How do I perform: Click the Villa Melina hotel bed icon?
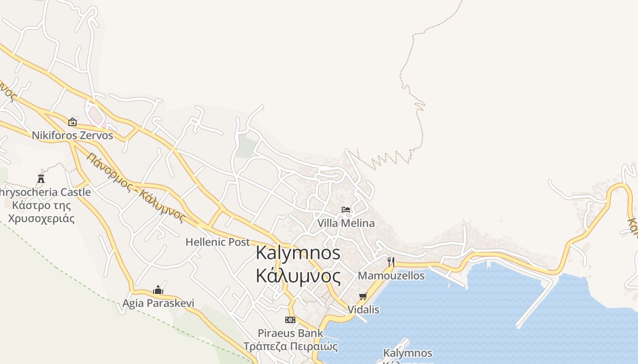coord(346,210)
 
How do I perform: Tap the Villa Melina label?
coord(346,223)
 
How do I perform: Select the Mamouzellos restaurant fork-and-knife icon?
coord(391,262)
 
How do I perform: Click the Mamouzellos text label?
coord(391,276)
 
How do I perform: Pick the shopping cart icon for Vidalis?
coord(363,297)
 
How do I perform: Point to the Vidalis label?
coord(363,310)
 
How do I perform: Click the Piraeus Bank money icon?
coord(290,320)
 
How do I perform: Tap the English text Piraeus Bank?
coord(290,333)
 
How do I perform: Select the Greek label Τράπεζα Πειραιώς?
coord(290,346)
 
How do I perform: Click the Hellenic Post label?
coord(218,242)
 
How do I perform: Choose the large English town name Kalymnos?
coord(298,253)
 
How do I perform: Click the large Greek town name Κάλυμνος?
coord(298,276)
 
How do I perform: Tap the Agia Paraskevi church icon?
coord(158,290)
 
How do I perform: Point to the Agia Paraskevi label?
coord(158,303)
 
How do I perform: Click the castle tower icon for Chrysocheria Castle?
coord(41,178)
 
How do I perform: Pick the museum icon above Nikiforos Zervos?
coord(72,122)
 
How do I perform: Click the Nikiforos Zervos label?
coord(72,136)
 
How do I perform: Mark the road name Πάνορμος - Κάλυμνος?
coord(136,187)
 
